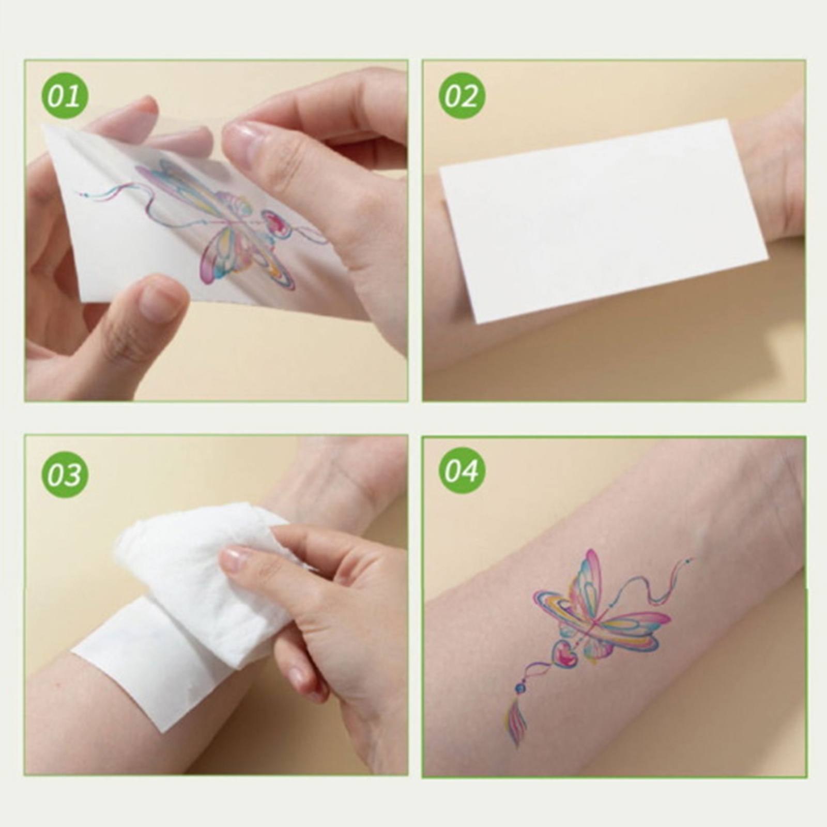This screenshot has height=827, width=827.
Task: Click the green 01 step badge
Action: tap(65, 97)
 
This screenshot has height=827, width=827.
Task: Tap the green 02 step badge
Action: tap(462, 97)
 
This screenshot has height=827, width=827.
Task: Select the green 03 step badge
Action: tap(65, 473)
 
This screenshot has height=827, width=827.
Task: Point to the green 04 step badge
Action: tap(462, 470)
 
